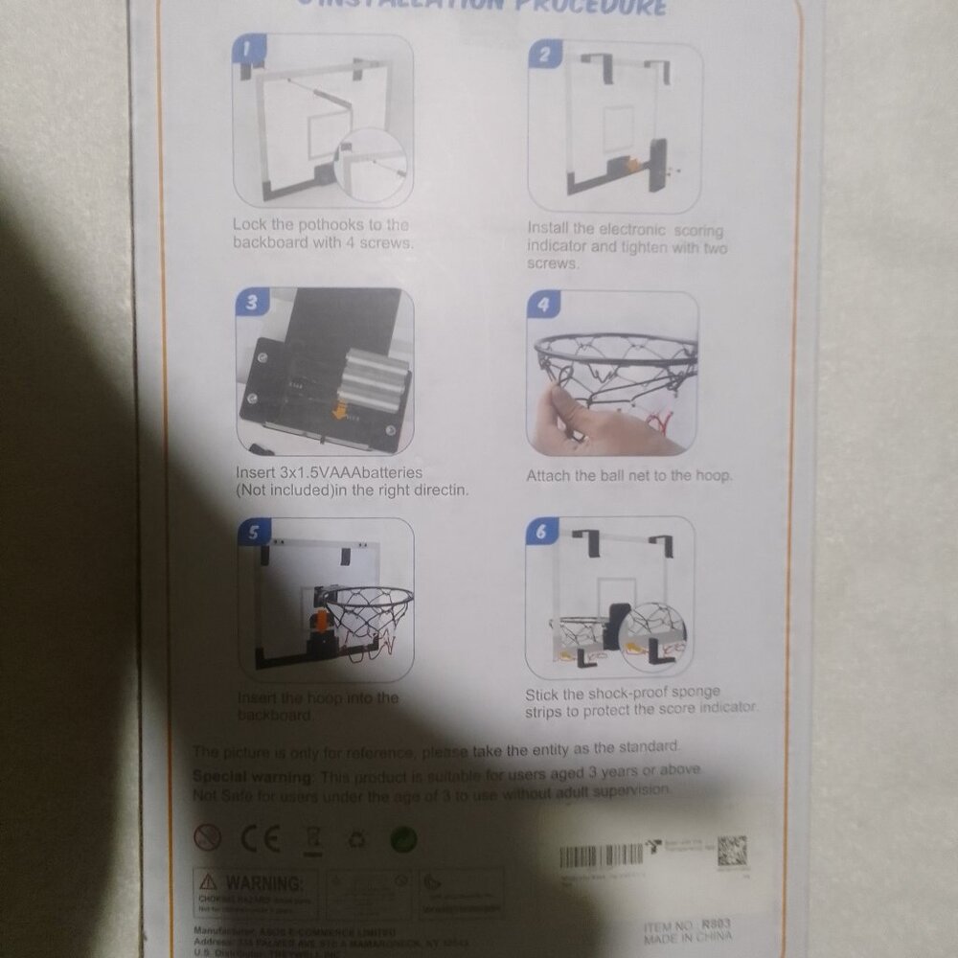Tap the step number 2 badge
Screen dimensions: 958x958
point(544,55)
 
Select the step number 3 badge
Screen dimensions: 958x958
point(251,302)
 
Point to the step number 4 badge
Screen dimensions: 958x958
point(543,307)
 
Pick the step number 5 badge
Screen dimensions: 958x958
point(253,533)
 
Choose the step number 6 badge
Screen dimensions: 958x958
point(541,532)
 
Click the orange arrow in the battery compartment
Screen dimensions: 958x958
point(338,410)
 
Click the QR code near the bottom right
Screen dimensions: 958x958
point(732,850)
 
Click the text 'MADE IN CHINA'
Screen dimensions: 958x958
point(688,941)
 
